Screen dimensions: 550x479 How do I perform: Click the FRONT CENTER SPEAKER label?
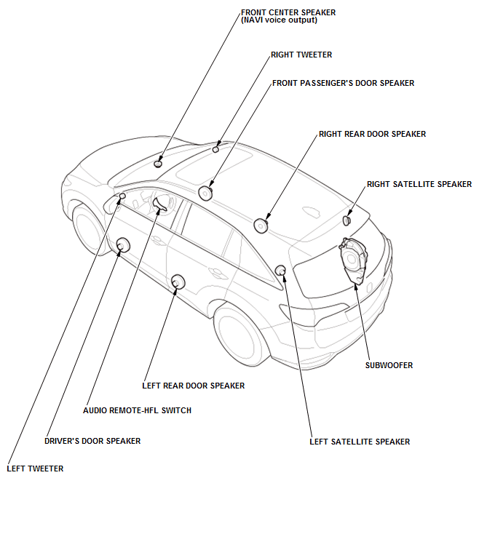coord(284,12)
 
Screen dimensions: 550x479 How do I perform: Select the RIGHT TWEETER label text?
coord(301,55)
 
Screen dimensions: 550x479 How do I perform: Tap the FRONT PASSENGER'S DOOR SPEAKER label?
coord(343,83)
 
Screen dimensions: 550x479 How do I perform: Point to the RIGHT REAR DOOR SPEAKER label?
coord(372,134)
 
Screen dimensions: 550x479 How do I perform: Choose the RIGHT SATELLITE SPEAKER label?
coord(419,184)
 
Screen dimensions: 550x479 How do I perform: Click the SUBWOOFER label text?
coord(389,365)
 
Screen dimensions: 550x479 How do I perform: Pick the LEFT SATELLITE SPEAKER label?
coord(360,442)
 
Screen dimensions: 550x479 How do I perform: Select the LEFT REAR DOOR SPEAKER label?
coord(193,386)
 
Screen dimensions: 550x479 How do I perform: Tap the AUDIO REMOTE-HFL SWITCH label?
coord(138,410)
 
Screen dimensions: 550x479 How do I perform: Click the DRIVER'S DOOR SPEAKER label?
coord(92,441)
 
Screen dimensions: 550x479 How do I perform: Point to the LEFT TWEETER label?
coord(35,469)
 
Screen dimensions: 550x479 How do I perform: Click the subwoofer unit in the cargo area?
coord(354,258)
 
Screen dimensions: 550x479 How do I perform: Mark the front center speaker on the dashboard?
coord(159,163)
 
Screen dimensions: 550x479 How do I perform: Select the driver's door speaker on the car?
coord(123,245)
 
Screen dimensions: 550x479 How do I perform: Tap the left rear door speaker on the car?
coord(177,282)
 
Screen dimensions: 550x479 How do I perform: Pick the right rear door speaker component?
coord(261,226)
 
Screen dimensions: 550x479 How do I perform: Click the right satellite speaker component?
coord(347,219)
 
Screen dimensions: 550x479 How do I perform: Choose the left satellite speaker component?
coord(280,271)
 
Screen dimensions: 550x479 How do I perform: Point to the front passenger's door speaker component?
coord(205,193)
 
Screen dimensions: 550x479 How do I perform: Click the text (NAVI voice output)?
coord(279,20)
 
